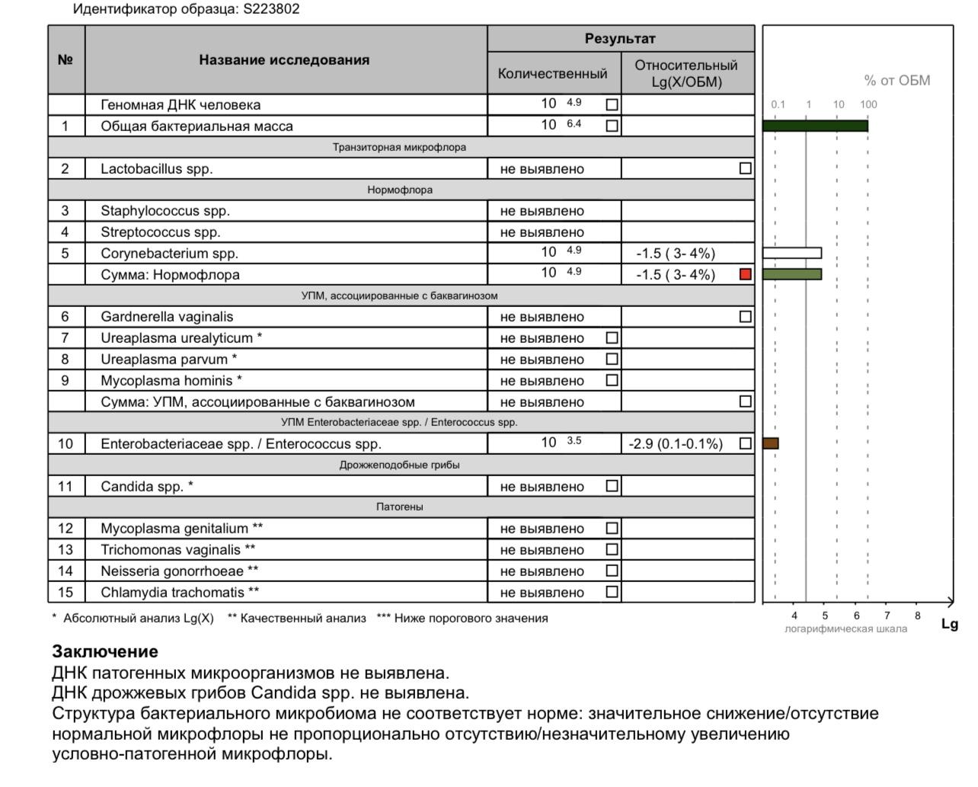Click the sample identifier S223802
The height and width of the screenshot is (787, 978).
tap(271, 10)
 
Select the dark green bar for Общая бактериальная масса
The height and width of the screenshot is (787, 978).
tap(815, 126)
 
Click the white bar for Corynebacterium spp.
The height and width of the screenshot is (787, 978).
tap(792, 253)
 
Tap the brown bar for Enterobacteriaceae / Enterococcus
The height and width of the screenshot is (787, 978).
tap(771, 443)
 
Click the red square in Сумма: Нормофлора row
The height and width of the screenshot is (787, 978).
tap(746, 274)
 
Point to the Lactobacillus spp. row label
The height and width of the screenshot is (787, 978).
tap(156, 169)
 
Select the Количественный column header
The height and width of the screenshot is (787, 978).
tap(553, 74)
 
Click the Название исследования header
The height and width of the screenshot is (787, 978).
tap(284, 60)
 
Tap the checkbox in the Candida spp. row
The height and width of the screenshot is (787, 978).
tap(612, 486)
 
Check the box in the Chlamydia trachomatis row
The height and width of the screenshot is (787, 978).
tap(612, 592)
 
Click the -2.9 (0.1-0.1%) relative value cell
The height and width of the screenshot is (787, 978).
tap(676, 444)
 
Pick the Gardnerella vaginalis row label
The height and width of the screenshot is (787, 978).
tap(167, 317)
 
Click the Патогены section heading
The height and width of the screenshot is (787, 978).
tap(400, 507)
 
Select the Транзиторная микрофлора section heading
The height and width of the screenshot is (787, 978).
tap(399, 147)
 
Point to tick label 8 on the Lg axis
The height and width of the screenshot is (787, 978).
tap(917, 616)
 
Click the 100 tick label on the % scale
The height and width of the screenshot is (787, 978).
tap(868, 104)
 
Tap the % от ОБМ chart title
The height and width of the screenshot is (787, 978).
tap(896, 81)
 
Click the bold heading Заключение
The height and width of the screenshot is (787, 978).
tap(105, 651)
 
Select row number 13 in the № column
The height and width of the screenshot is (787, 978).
tap(66, 550)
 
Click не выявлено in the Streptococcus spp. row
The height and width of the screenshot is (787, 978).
tap(542, 232)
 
